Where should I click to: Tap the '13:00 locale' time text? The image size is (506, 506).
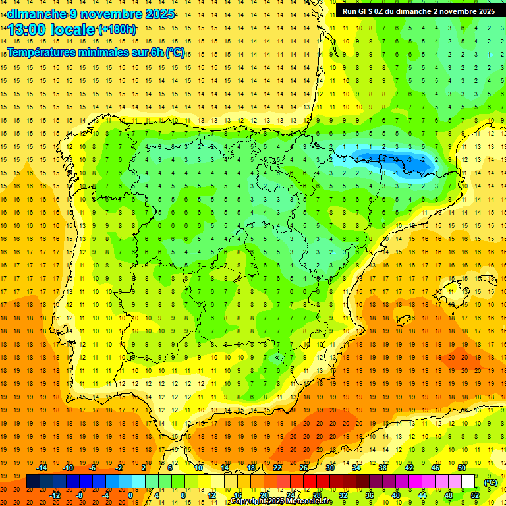click(x=51, y=30)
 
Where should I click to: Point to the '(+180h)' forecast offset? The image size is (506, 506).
click(x=117, y=30)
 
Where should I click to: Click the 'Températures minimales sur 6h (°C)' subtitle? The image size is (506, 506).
click(x=96, y=53)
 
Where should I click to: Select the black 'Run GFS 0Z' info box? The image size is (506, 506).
click(x=418, y=11)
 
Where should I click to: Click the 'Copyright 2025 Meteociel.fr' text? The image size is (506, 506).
click(x=281, y=501)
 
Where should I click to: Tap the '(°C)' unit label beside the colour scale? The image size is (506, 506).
click(x=491, y=482)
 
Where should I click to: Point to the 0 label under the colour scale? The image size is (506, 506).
click(x=130, y=495)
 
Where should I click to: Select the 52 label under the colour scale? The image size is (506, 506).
click(x=474, y=495)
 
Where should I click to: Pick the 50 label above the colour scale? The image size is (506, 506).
click(x=462, y=468)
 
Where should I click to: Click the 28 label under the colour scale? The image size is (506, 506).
click(x=316, y=495)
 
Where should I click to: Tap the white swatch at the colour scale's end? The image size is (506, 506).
click(x=468, y=482)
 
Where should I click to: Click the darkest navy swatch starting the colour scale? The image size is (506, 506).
click(x=33, y=482)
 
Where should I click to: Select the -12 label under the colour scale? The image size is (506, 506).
click(x=55, y=495)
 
